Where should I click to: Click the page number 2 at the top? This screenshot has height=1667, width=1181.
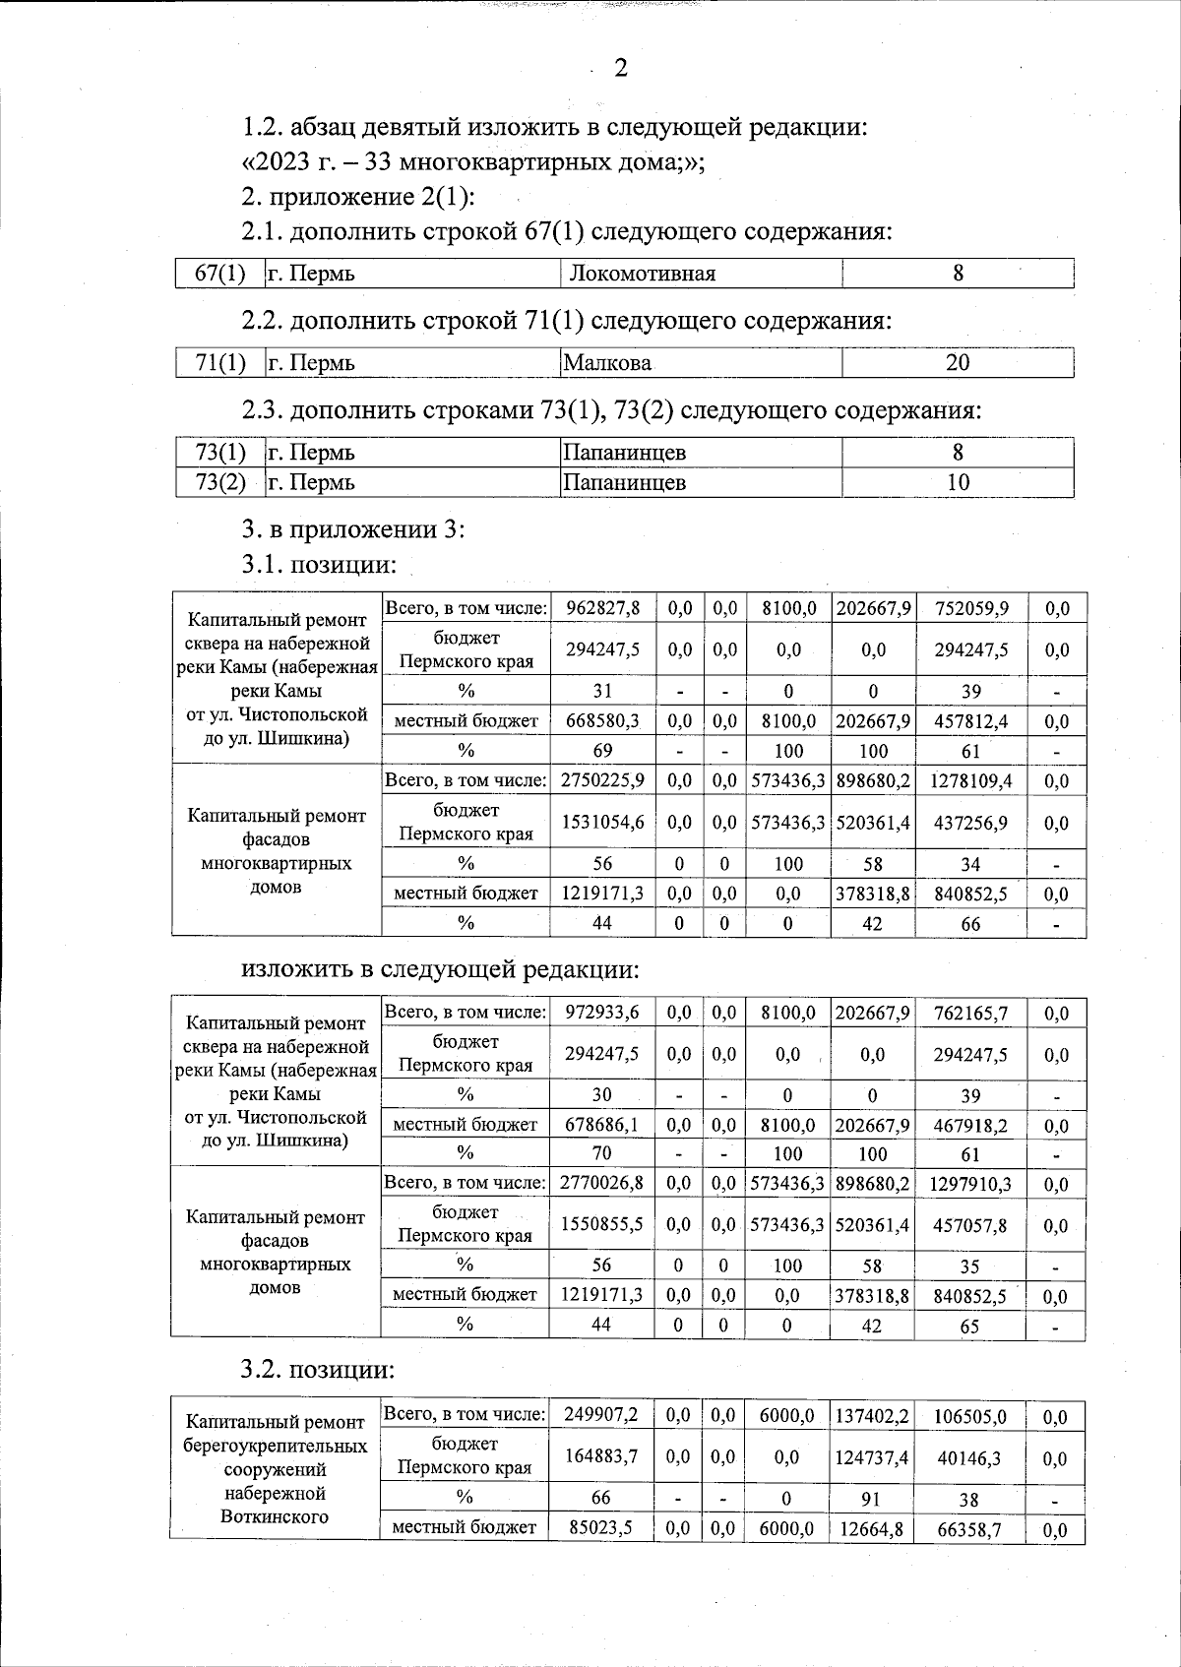pos(620,68)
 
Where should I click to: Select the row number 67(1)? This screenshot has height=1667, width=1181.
pos(220,273)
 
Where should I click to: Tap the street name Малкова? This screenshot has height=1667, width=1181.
pos(607,363)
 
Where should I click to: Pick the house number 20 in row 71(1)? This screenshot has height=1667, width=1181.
pos(957,363)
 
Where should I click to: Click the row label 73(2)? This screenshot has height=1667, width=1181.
pos(220,482)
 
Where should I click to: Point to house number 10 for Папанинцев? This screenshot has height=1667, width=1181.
pos(957,482)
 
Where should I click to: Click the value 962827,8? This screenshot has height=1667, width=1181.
pos(602,608)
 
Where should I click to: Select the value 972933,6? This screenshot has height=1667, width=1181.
pos(601,1013)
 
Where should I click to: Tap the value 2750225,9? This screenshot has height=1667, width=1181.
pos(602,781)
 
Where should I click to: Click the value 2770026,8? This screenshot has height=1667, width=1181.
pos(601,1183)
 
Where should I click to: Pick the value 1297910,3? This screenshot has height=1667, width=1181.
pos(969,1183)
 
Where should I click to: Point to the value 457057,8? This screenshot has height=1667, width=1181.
pos(969,1225)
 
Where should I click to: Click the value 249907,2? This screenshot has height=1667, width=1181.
pos(600,1415)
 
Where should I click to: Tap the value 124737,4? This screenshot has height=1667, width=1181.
pos(871,1457)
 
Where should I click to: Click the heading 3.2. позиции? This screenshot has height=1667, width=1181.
pos(318,1370)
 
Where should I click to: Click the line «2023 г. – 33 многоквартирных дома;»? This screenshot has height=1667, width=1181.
pos(473,162)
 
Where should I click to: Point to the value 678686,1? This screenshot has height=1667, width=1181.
pos(601,1126)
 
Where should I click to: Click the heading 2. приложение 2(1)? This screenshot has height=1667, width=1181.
pos(358,197)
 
